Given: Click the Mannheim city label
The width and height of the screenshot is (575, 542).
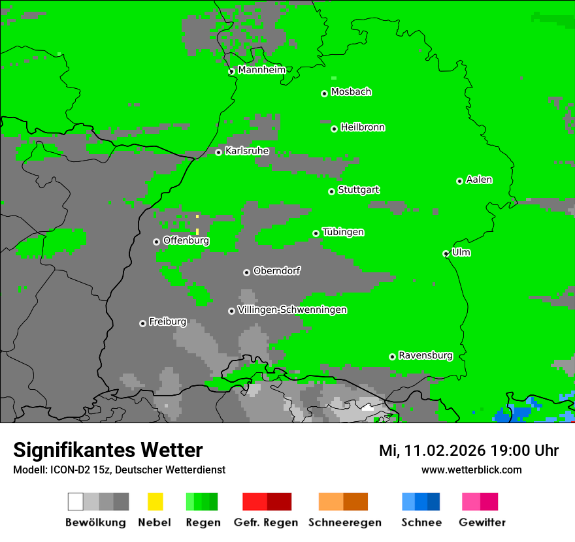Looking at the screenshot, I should click(261, 70).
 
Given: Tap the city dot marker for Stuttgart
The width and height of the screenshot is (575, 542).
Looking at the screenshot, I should click(331, 191).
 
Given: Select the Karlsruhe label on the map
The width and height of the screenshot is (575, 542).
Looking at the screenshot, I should click(246, 151).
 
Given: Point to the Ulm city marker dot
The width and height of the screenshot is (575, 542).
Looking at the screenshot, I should click(446, 253).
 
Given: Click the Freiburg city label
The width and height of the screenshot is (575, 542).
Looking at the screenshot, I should click(167, 322).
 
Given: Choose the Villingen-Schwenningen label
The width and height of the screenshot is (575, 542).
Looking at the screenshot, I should click(292, 310).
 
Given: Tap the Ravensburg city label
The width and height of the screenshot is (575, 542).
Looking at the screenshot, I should click(425, 356).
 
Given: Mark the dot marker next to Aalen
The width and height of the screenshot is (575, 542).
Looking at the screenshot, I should click(459, 181).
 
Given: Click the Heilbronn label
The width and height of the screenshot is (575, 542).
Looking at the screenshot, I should click(363, 127).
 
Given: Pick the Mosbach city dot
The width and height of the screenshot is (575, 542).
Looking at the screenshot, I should click(324, 93).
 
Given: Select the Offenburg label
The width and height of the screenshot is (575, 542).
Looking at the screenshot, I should click(186, 240).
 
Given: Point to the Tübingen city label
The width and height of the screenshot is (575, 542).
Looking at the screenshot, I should click(343, 232).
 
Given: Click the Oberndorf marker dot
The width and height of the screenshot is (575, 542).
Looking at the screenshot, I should click(246, 272).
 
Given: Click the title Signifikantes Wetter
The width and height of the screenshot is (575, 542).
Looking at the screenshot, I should click(108, 450).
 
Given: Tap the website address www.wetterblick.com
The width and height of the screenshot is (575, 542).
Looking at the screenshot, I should click(471, 470).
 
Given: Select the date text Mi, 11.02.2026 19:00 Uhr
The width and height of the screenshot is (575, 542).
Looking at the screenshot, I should click(468, 451).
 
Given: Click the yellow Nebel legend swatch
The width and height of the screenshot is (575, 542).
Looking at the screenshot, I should click(155, 502).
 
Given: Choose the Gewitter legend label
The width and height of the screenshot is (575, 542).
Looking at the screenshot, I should click(482, 522).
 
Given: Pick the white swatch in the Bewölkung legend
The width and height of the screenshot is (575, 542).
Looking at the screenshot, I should click(75, 502).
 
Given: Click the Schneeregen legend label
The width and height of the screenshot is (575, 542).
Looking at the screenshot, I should click(344, 522).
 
